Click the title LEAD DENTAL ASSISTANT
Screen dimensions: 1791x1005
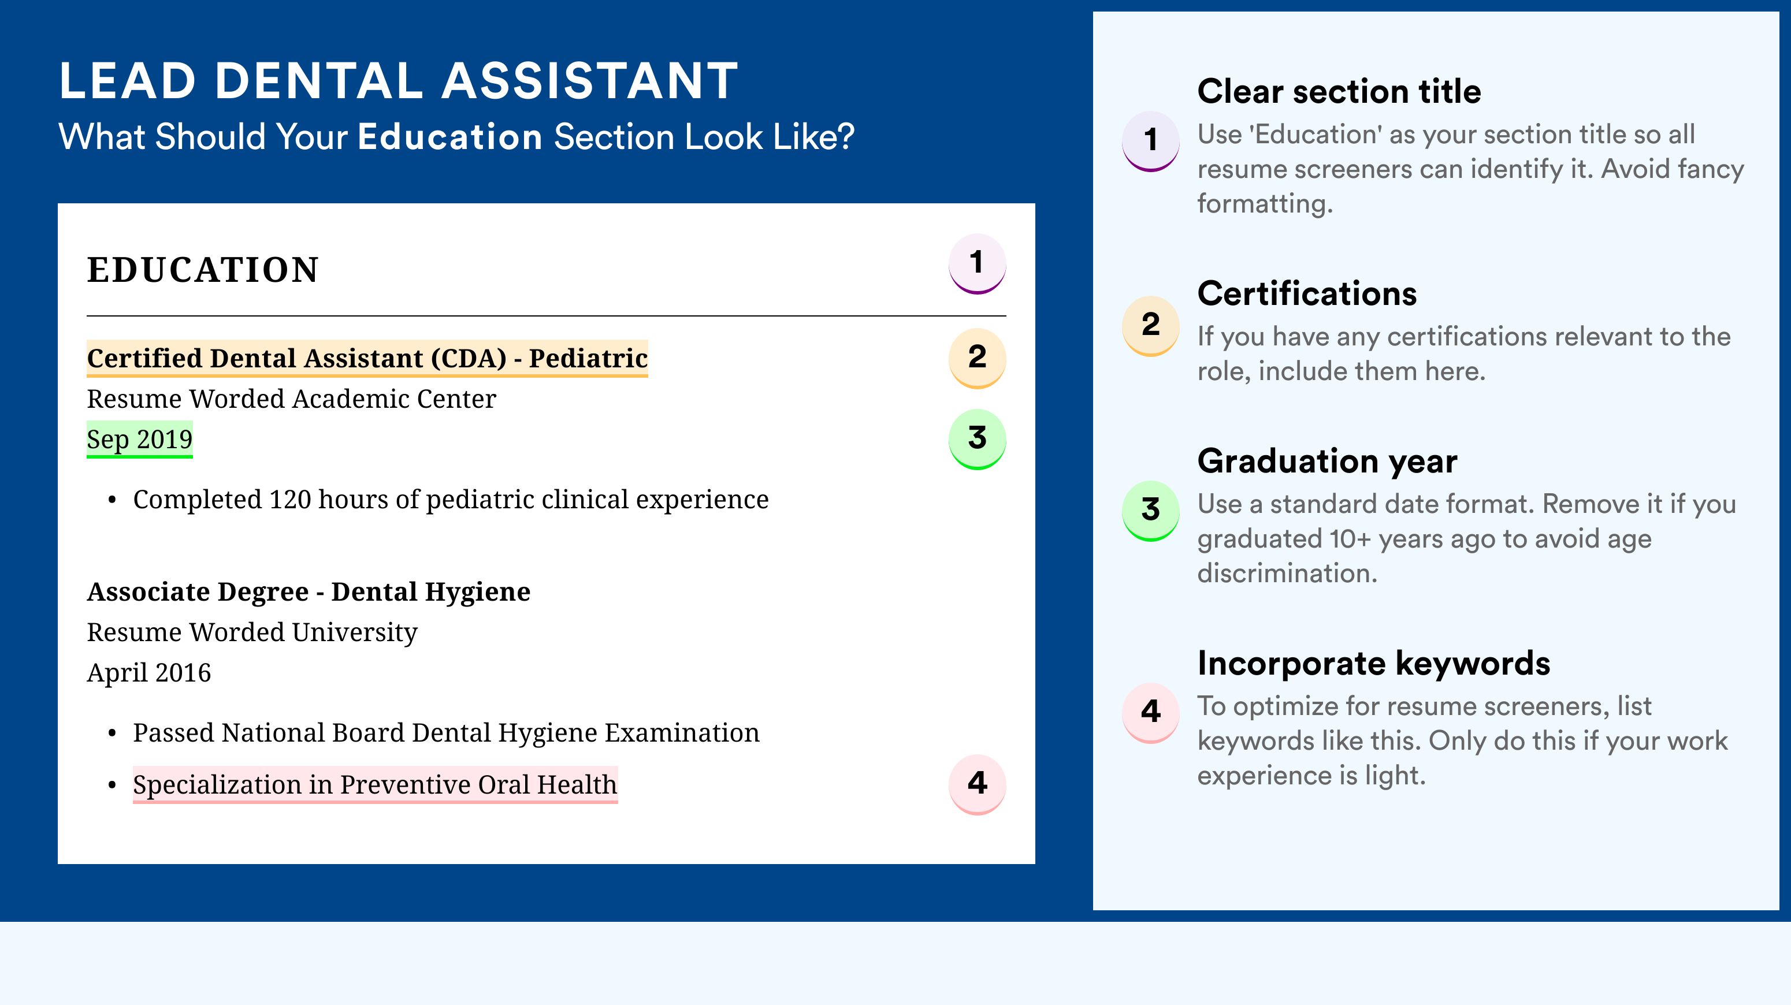point(399,81)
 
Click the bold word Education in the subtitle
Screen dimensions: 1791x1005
point(450,136)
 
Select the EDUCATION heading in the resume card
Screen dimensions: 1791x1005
point(202,270)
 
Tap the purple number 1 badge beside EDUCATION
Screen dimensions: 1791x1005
point(977,263)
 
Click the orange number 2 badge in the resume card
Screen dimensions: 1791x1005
point(977,358)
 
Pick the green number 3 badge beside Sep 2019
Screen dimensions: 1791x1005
point(977,439)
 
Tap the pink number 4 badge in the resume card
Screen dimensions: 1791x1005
point(977,784)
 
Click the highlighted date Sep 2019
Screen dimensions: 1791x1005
point(140,439)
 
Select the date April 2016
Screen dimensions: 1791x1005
point(149,673)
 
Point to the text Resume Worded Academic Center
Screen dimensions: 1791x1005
point(291,399)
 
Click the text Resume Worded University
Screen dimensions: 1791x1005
point(252,632)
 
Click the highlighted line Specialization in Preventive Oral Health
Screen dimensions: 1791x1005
point(376,785)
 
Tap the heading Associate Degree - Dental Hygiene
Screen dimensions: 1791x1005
point(309,591)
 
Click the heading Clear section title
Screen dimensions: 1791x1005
point(1339,91)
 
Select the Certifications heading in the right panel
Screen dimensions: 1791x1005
point(1307,293)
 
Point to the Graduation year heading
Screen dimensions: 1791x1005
point(1327,461)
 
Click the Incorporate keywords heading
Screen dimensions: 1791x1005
point(1374,663)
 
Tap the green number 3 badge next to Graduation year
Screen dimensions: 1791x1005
point(1151,511)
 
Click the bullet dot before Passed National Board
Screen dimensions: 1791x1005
point(112,734)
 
